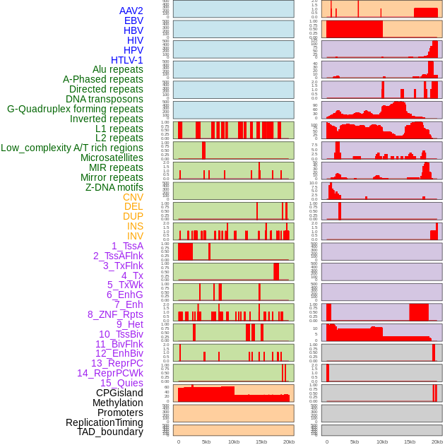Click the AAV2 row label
click(x=131, y=11)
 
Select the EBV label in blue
click(x=133, y=20)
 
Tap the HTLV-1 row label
click(x=127, y=60)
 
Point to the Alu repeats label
click(x=118, y=69)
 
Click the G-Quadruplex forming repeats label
click(x=75, y=109)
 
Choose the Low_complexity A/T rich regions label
click(x=72, y=148)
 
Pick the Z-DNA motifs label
click(x=114, y=187)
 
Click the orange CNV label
click(x=133, y=197)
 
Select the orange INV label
click(x=135, y=236)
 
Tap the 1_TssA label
click(x=127, y=246)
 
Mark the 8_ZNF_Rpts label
click(x=115, y=314)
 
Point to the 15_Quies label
click(x=121, y=383)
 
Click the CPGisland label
click(x=119, y=393)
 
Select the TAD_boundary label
click(x=110, y=432)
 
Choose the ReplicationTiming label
click(x=104, y=422)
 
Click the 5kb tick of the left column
click(x=206, y=441)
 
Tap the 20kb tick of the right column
click(x=437, y=441)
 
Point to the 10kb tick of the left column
click(x=234, y=441)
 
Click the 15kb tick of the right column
click(x=410, y=441)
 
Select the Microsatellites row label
click(x=112, y=158)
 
